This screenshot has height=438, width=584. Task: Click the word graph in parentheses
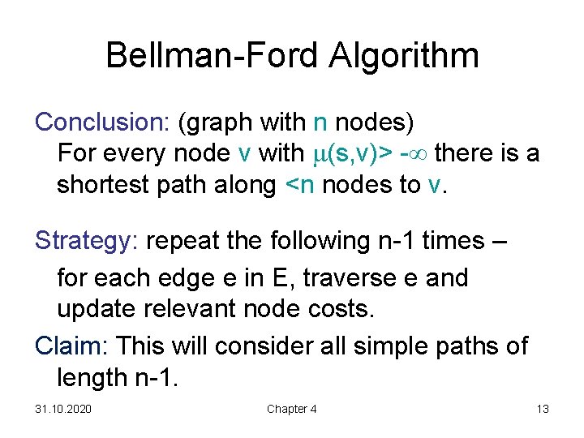click(216, 123)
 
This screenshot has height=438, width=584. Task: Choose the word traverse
click(359, 278)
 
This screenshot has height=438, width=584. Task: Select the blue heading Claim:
click(73, 346)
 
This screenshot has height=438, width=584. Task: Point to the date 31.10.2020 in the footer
click(63, 409)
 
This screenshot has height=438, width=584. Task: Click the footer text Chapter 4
click(292, 409)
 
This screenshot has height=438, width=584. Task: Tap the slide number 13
click(543, 409)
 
